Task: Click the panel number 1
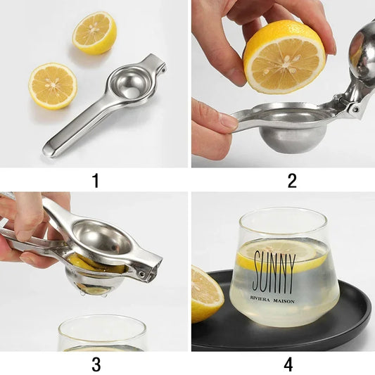[x=95, y=180]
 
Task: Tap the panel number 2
[x=291, y=180]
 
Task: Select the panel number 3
[x=95, y=364]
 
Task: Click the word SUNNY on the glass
[x=273, y=272]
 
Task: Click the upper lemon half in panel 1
[x=95, y=32]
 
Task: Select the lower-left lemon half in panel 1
[x=53, y=86]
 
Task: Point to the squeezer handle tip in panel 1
[x=51, y=149]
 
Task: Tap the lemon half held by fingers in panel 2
[x=284, y=56]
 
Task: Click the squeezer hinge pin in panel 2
[x=354, y=110]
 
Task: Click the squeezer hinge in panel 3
[x=146, y=272]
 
